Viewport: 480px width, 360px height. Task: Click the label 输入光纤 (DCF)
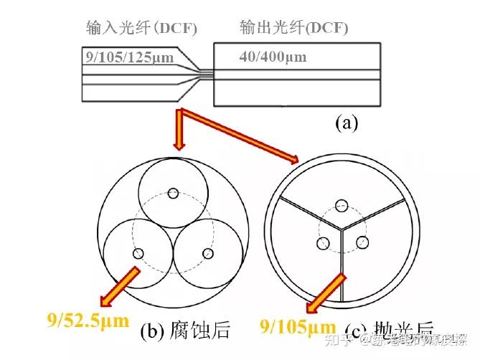[x=141, y=29]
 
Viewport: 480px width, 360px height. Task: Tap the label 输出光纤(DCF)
[x=293, y=29]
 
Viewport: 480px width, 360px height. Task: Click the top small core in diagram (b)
[x=172, y=192]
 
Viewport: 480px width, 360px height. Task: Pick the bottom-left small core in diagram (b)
[x=138, y=253]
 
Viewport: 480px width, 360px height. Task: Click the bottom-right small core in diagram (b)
[x=209, y=253]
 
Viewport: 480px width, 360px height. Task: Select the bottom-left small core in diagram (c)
[x=321, y=242]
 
